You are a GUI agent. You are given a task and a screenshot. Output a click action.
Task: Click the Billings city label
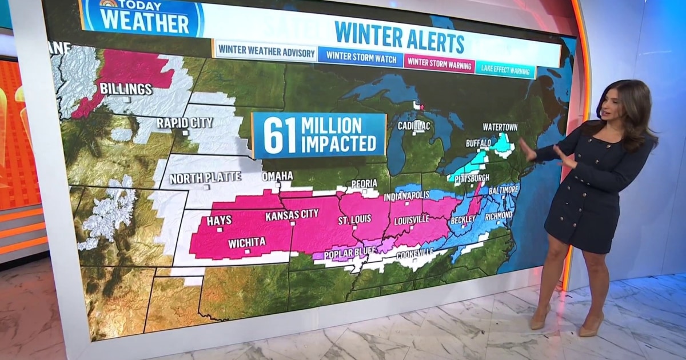coord(126,89)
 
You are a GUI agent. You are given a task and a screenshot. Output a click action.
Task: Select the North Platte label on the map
coord(205,177)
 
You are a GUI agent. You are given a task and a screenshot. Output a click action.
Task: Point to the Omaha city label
coord(277,176)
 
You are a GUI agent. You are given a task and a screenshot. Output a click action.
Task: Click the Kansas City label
coord(292,216)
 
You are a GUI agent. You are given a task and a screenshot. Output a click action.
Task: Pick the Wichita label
coord(246,242)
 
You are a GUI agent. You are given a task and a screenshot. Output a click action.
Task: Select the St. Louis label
coord(354,219)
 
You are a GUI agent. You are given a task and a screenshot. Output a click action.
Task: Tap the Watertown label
coord(500,126)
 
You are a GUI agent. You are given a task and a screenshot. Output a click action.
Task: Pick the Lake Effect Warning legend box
coord(505,70)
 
